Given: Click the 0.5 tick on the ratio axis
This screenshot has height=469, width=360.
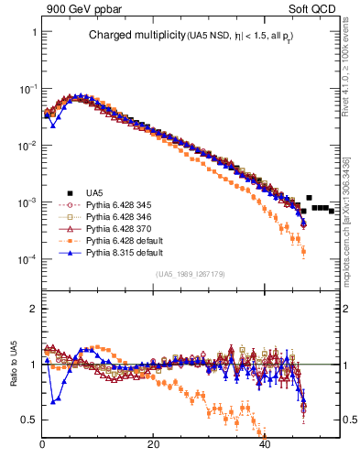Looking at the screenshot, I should (29, 420).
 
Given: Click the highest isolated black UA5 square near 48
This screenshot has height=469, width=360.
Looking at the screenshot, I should (310, 198).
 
